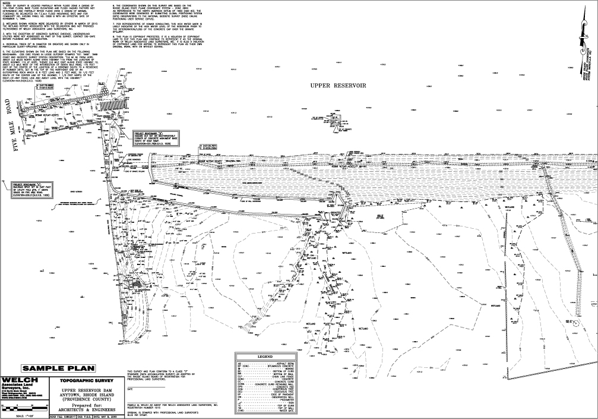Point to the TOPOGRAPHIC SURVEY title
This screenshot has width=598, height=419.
[x=88, y=379]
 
